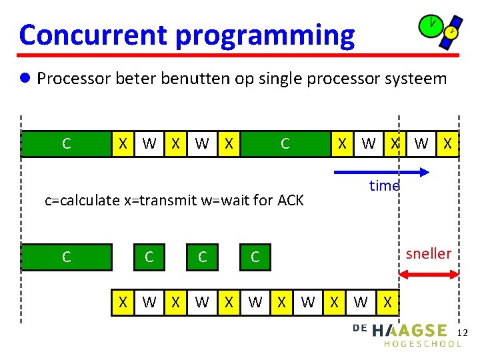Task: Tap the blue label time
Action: [384, 186]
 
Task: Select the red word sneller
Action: [428, 253]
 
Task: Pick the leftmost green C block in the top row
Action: [66, 143]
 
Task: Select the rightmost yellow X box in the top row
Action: [447, 143]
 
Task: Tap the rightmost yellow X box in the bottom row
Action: [387, 302]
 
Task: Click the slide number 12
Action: [465, 332]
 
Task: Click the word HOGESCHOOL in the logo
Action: [423, 344]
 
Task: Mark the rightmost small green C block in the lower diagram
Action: [255, 257]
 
